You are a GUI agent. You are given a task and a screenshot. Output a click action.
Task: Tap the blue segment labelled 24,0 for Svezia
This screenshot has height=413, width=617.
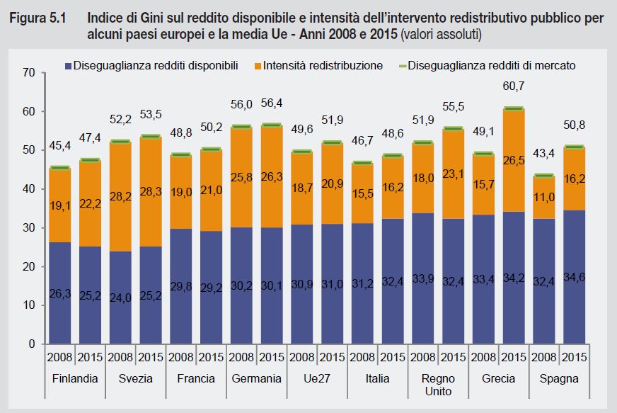pyautogui.click(x=120, y=298)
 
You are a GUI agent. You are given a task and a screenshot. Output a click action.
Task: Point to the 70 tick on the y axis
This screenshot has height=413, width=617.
pyautogui.click(x=29, y=72)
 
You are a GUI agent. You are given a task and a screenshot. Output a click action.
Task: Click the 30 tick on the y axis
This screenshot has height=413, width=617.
pyautogui.click(x=29, y=227)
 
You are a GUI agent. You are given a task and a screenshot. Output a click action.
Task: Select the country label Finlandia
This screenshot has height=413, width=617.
pyautogui.click(x=75, y=379)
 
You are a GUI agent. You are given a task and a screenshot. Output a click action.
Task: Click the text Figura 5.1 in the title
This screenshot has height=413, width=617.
pyautogui.click(x=37, y=19)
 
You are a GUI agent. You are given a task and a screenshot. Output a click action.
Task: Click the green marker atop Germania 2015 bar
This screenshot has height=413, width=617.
pyautogui.click(x=271, y=125)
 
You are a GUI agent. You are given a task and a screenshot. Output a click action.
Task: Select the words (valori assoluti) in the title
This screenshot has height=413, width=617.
pyautogui.click(x=444, y=34)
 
